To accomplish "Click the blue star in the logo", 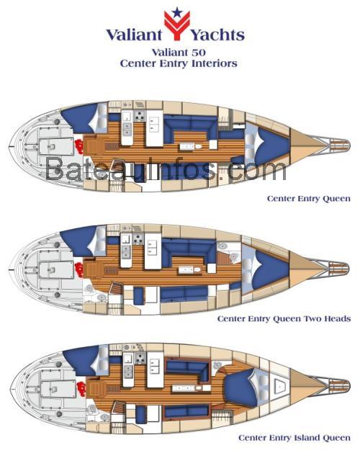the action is [177, 12].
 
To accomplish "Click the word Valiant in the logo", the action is [134, 35].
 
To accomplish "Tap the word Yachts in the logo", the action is [217, 35].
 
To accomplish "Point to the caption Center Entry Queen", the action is [309, 199].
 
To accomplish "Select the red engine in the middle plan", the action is [79, 269].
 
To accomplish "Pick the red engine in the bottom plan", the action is [81, 388].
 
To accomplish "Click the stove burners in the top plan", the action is [139, 116].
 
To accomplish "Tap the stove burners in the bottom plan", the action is [140, 358].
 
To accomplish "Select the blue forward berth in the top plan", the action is [269, 145].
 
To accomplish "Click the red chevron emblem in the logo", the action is [177, 25].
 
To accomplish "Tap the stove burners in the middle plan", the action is [138, 238].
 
